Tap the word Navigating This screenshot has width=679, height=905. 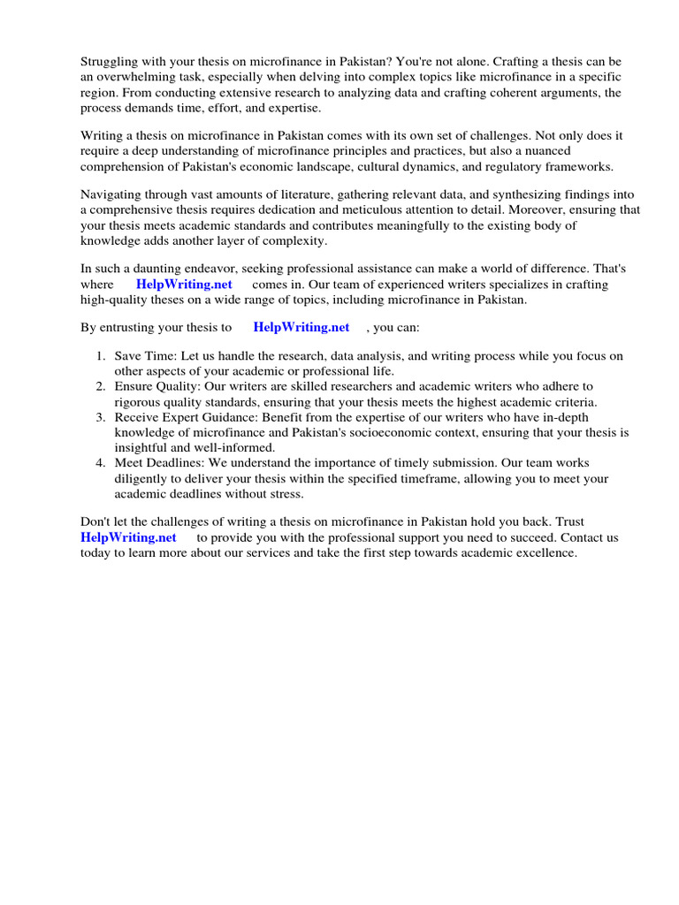(112, 195)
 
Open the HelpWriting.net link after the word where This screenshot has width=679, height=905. (184, 285)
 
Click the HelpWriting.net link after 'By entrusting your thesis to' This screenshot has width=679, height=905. (301, 327)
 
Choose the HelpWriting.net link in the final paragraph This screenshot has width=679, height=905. (128, 537)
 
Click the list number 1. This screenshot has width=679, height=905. (101, 356)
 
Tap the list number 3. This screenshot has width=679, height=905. (101, 417)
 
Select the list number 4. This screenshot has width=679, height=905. (101, 463)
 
